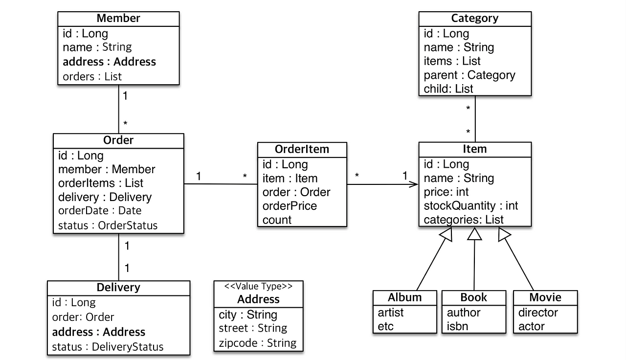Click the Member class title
(x=118, y=18)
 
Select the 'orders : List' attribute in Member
(x=92, y=76)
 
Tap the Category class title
(x=475, y=18)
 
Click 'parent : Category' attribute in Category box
(x=469, y=75)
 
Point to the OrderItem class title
(x=302, y=149)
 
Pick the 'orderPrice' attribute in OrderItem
(x=290, y=206)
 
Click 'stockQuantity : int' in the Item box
(x=471, y=206)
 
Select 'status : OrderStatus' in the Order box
(x=108, y=225)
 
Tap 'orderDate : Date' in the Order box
(x=100, y=210)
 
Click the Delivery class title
(x=118, y=287)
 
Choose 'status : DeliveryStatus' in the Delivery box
(x=108, y=347)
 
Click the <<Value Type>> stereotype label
(x=258, y=286)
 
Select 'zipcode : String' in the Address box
(x=257, y=343)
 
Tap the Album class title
(x=404, y=297)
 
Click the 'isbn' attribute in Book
(x=457, y=326)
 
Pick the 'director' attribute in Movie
(x=538, y=313)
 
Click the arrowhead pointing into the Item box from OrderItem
(x=414, y=184)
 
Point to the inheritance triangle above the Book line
(x=474, y=234)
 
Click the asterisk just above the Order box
(x=125, y=123)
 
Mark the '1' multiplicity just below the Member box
(x=125, y=96)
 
